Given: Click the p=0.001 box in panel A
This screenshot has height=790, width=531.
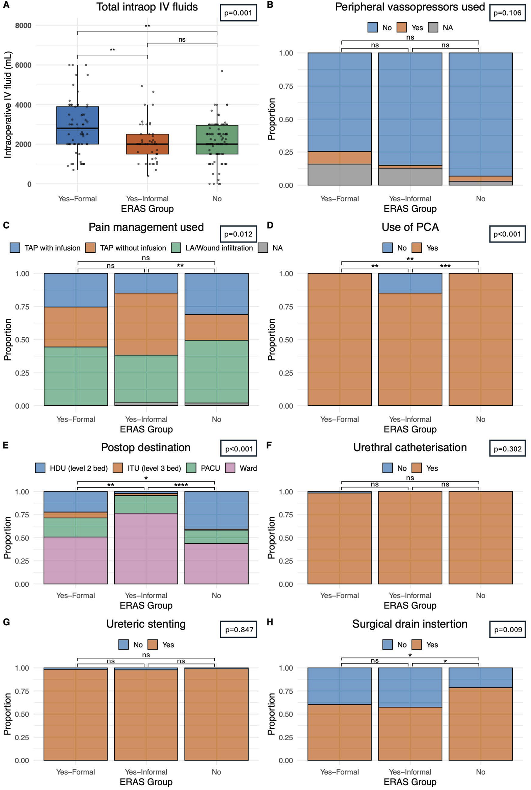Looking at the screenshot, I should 238,13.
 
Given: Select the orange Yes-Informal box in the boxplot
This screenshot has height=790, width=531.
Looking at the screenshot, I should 147,144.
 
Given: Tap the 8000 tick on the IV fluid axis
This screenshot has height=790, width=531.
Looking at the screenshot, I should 23,25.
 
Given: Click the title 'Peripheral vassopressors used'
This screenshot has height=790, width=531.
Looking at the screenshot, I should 410,7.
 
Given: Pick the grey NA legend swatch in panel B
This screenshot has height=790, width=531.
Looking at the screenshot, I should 433,27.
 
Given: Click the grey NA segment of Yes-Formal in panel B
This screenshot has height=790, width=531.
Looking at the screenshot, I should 339,175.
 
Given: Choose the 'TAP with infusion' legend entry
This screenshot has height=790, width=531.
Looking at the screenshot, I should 45,248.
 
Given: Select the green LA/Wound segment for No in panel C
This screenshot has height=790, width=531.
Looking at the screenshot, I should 216,371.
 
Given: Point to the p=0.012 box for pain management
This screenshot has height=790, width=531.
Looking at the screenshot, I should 238,234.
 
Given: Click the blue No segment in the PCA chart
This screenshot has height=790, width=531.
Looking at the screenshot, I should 410,283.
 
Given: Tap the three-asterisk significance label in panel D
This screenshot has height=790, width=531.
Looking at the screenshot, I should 445,266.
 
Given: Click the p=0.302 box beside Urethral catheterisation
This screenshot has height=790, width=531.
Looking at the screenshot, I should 507,449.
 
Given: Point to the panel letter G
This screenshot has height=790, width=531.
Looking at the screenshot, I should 6,622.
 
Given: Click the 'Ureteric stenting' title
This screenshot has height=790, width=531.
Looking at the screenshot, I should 146,624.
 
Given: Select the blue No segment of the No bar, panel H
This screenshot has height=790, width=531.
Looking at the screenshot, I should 480,678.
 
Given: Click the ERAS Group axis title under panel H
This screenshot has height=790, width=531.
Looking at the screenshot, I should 410,782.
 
